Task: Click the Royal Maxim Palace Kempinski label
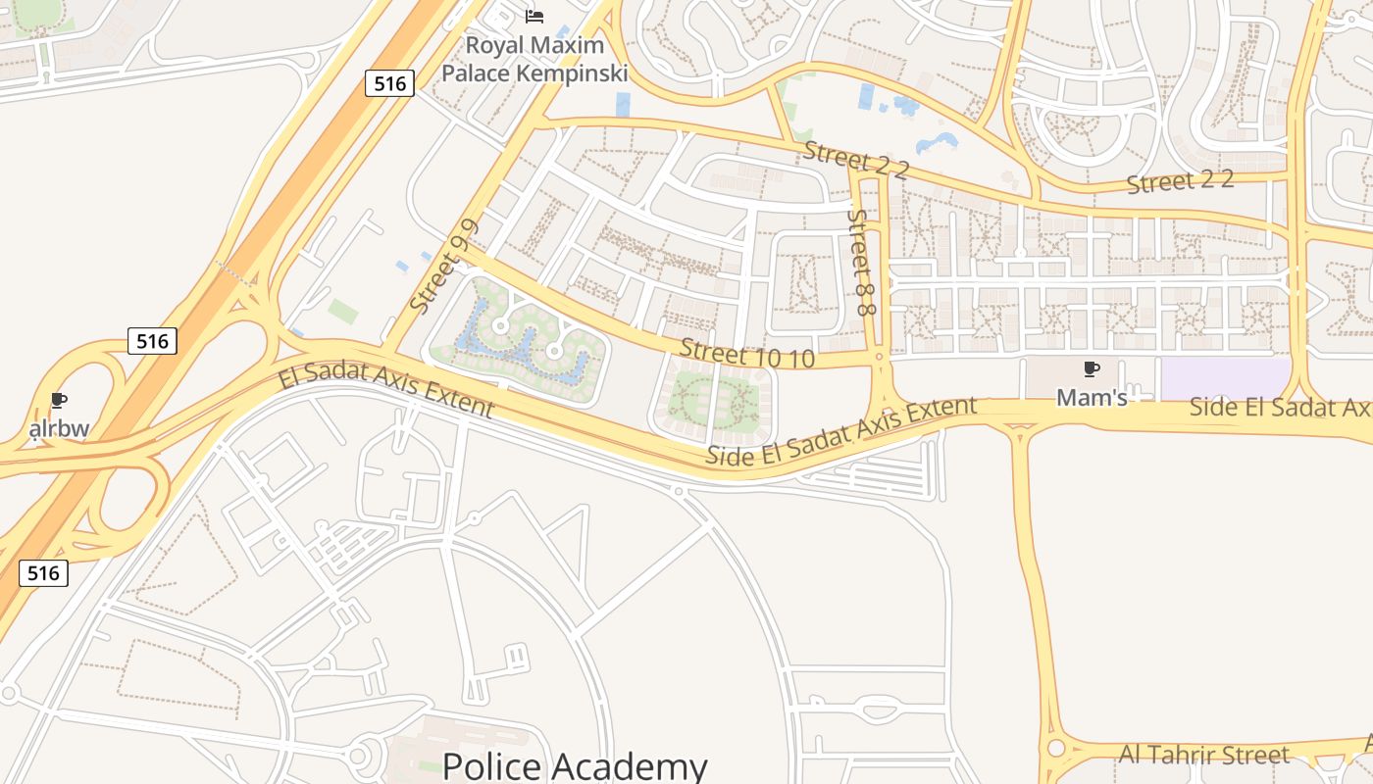pyautogui.click(x=534, y=59)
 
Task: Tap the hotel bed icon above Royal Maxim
pyautogui.click(x=534, y=16)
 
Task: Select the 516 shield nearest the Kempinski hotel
pyautogui.click(x=389, y=83)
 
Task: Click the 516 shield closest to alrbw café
pyautogui.click(x=152, y=341)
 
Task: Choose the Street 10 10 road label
pyautogui.click(x=746, y=354)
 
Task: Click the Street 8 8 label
pyautogui.click(x=861, y=262)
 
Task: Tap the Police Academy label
pyautogui.click(x=575, y=765)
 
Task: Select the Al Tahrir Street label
pyautogui.click(x=1203, y=755)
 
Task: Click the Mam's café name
pyautogui.click(x=1091, y=397)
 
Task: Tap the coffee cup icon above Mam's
pyautogui.click(x=1091, y=369)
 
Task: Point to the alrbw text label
pyautogui.click(x=59, y=428)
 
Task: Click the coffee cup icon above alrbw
pyautogui.click(x=59, y=401)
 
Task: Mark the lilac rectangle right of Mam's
pyautogui.click(x=1225, y=379)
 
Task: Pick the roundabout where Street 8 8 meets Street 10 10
pyautogui.click(x=879, y=360)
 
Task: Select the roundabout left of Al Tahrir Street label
pyautogui.click(x=1055, y=749)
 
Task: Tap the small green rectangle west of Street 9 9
pyautogui.click(x=343, y=312)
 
